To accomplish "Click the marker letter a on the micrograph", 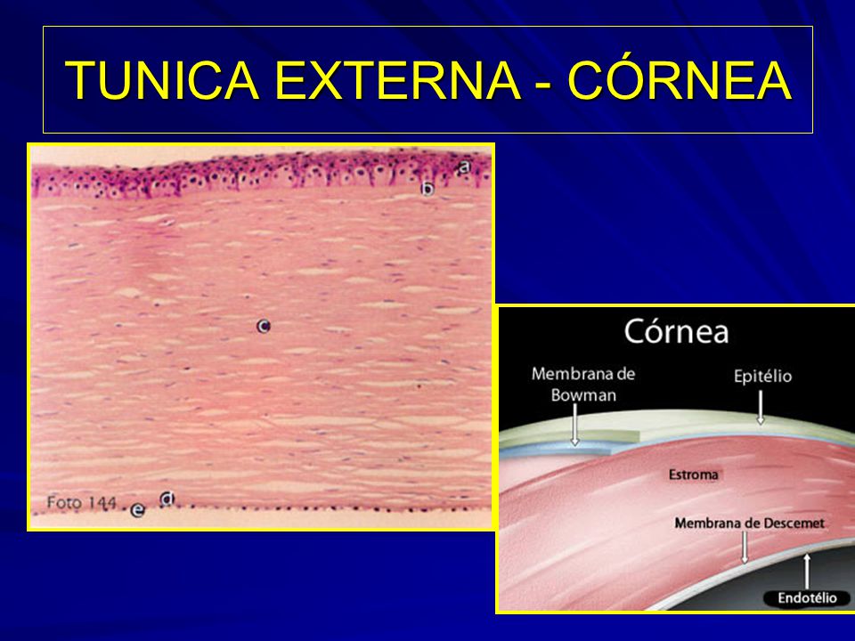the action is point(464,166).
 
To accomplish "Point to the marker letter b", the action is point(428,189).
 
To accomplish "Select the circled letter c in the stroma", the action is point(264,327).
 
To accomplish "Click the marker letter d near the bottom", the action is point(167,499).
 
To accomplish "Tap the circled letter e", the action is point(138,511).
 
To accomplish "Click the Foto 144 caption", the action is point(81,502).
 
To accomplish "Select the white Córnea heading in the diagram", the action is point(676,331).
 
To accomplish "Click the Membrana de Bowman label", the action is point(582,385).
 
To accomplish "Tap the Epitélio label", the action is point(762,376).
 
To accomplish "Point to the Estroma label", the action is point(693,475).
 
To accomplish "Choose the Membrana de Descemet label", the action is point(749,523).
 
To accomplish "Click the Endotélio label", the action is point(807,598).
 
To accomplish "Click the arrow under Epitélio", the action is point(761,407).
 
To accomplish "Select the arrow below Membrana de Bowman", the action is point(574,424).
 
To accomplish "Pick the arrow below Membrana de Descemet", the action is point(745,548).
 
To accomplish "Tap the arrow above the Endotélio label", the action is point(807,572).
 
